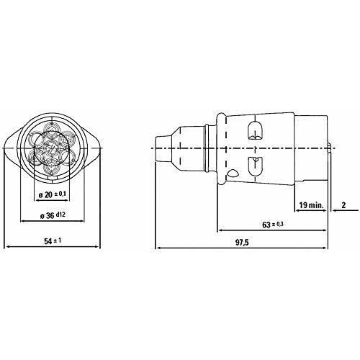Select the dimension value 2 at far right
click(x=346, y=206)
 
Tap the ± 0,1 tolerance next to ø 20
click(x=62, y=194)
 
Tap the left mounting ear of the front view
click(x=13, y=148)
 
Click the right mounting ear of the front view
click(x=92, y=148)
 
